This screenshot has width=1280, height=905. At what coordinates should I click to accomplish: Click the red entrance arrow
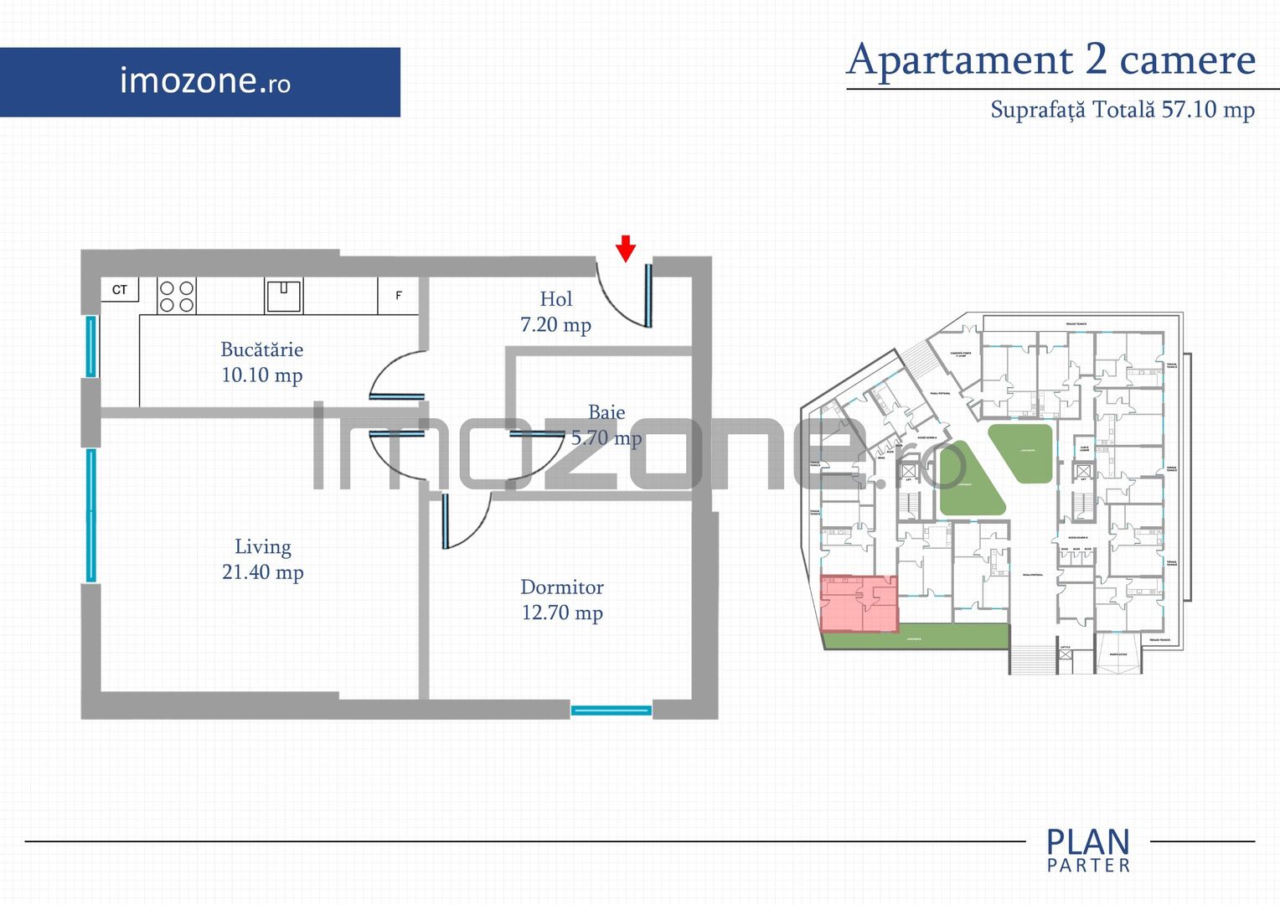tap(626, 248)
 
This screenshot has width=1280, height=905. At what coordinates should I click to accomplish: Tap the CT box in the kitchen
tap(120, 290)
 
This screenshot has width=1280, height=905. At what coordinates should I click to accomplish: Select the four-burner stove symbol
tap(177, 296)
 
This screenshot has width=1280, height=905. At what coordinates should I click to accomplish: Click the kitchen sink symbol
tap(284, 296)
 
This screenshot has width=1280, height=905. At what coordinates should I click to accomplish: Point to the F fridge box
tap(399, 296)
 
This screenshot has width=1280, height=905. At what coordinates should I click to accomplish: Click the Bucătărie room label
tap(262, 350)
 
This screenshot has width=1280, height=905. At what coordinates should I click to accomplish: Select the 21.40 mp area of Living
tap(262, 572)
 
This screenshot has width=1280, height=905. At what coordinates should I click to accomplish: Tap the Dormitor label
tap(561, 587)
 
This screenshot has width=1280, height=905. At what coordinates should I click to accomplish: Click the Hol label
tap(556, 299)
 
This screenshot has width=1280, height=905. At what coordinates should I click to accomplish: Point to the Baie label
tap(606, 412)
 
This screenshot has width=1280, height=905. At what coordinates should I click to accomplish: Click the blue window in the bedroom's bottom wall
tap(611, 711)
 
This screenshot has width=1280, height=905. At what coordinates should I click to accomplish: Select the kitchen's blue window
tap(91, 346)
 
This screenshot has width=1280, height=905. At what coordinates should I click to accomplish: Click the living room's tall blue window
tap(91, 515)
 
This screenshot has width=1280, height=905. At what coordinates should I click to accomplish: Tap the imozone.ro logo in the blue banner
tap(205, 81)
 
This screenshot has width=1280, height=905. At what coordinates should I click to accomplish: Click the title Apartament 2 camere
tap(1051, 59)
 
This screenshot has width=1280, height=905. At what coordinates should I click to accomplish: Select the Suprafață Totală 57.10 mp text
tap(1123, 110)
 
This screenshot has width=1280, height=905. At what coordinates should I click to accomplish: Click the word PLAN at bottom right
tap(1088, 841)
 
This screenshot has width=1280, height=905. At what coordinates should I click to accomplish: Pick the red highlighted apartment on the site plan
tap(859, 603)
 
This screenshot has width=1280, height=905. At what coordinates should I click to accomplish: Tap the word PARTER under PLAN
tap(1088, 866)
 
